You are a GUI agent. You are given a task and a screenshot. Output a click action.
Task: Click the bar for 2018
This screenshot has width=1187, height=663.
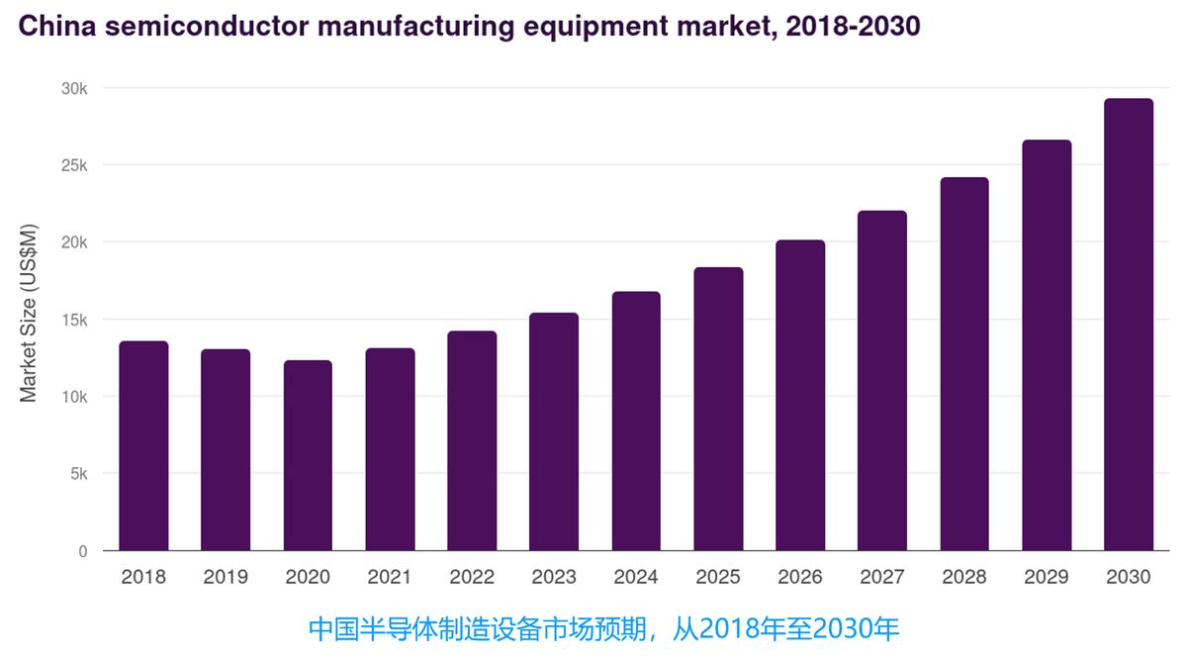143,445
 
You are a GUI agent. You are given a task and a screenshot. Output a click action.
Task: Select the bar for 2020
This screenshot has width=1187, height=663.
308,455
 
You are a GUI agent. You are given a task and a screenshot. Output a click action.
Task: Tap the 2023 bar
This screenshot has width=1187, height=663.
554,431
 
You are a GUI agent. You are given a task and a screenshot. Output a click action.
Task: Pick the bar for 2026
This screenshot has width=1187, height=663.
800,395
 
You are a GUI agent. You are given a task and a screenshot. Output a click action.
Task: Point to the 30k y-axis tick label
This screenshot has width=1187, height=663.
74,88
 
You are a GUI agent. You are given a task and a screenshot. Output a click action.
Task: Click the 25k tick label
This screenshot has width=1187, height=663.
74,165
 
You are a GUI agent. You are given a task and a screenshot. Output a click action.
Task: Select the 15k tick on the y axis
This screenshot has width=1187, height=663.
74,320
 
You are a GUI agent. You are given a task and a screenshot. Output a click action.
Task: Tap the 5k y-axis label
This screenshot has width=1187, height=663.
78,474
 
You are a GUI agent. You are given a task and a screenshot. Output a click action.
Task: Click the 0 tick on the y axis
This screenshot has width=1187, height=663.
83,551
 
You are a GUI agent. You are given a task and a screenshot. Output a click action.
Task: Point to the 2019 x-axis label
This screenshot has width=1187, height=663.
226,577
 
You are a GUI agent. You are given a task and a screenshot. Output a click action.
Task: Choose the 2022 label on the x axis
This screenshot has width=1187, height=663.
472,577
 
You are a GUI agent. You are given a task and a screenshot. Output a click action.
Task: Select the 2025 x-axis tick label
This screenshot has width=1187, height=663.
718,577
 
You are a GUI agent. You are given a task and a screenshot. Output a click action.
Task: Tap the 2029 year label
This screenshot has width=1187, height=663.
1047,577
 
